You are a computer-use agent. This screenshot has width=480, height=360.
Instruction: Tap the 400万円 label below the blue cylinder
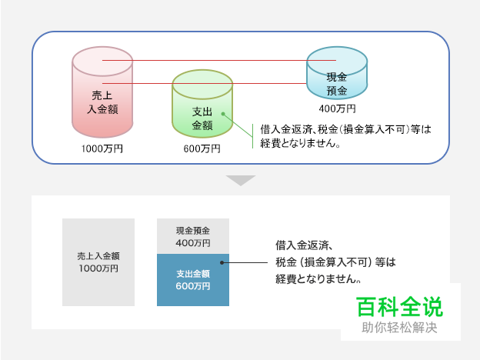(337, 108)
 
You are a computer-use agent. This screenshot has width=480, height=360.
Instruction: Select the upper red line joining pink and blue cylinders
(219, 60)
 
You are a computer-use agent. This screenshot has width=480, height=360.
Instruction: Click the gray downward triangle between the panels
(241, 180)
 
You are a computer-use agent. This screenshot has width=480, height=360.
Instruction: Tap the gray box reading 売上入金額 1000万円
(98, 262)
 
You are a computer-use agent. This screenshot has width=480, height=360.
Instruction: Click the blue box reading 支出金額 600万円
(193, 280)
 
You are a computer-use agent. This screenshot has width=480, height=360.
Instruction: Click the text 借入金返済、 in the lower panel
(303, 246)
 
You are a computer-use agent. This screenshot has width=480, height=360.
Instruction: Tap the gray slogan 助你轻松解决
(400, 328)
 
